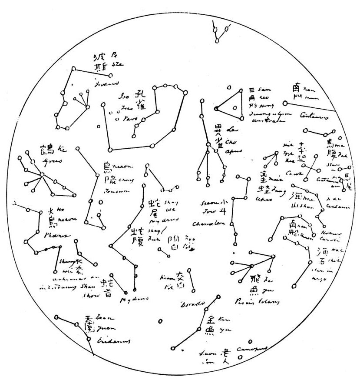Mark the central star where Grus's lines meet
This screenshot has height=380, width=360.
pos(42,175)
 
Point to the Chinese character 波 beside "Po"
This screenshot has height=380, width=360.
pos(100,58)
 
